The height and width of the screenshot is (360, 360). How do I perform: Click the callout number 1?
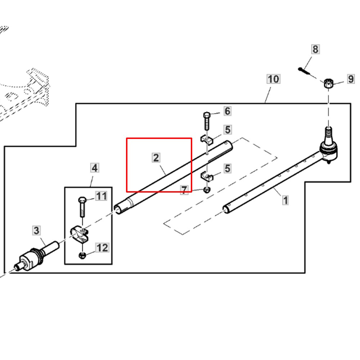(x=285, y=200)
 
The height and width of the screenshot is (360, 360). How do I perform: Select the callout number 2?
(x=156, y=157)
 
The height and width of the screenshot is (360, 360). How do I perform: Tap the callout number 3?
(x=36, y=230)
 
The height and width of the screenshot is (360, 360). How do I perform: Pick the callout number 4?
(x=94, y=168)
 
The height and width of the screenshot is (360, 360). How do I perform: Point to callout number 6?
(x=227, y=111)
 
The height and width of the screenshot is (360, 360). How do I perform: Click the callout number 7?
(x=184, y=190)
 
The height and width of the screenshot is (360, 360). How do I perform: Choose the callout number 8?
(x=315, y=49)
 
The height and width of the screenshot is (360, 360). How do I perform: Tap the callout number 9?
(x=351, y=79)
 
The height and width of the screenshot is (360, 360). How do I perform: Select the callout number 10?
(x=273, y=79)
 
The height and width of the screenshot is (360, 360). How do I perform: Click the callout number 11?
(x=101, y=196)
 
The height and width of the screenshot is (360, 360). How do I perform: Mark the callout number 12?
(x=102, y=248)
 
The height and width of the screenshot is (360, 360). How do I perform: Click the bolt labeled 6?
(x=206, y=121)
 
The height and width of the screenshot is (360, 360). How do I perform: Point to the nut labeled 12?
(x=82, y=256)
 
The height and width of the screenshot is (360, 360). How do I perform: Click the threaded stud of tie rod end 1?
(x=329, y=133)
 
